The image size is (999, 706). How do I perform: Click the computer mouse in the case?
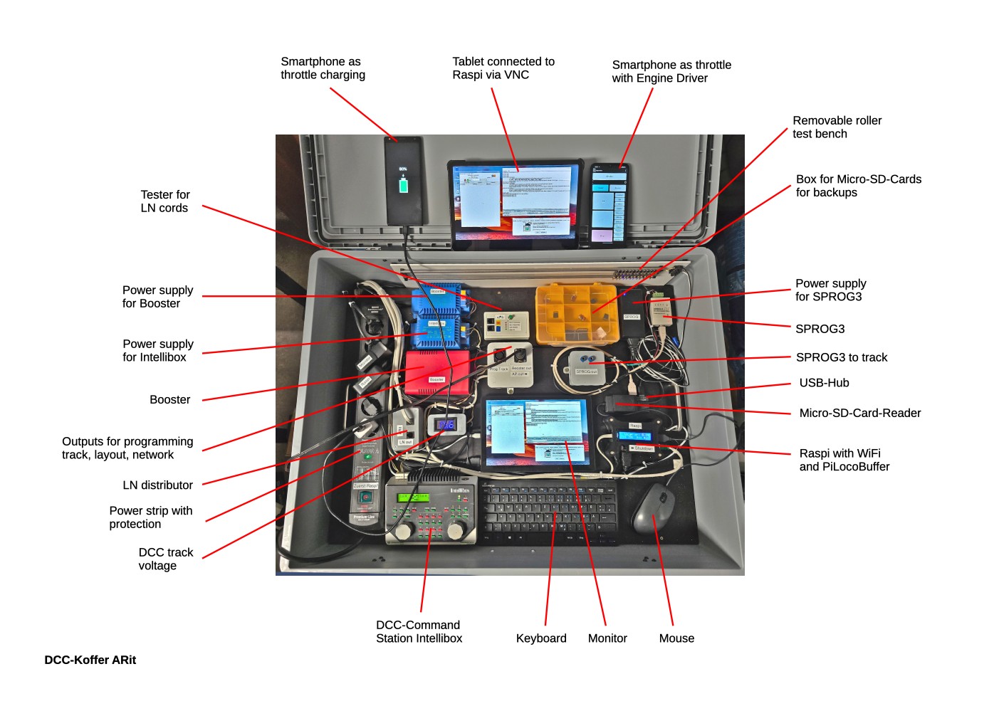click(654, 508)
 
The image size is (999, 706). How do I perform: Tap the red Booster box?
click(436, 372)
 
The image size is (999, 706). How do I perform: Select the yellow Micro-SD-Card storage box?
click(575, 314)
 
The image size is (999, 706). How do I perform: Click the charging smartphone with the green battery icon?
click(404, 181)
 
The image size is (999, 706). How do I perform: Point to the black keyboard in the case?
click(549, 512)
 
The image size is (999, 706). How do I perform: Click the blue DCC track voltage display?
click(446, 425)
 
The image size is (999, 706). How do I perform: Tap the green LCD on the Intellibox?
click(413, 497)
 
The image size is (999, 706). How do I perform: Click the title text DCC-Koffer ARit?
click(90, 660)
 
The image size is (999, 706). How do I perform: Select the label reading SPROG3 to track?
click(841, 357)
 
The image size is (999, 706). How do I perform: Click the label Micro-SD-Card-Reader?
click(859, 413)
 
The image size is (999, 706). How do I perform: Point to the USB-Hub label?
click(824, 383)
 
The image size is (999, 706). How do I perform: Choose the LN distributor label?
click(157, 485)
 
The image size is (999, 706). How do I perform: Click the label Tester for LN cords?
click(164, 201)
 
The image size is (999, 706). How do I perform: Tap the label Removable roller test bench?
click(837, 127)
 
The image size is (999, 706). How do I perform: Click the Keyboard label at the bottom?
click(541, 638)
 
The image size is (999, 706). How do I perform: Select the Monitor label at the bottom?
click(607, 638)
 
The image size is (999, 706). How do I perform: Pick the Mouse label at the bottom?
click(676, 638)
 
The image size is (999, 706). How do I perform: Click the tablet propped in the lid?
click(515, 203)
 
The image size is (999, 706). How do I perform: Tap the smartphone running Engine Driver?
click(609, 205)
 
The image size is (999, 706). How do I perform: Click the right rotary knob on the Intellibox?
click(456, 528)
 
